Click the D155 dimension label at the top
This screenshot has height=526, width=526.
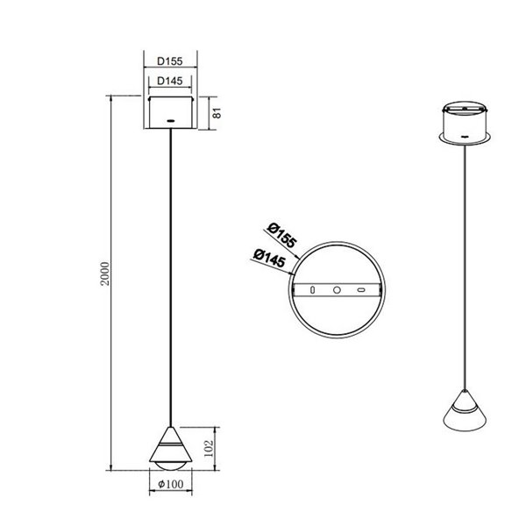point(169,62)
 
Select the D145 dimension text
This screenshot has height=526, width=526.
point(169,82)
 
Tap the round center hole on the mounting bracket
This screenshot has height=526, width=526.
point(335,289)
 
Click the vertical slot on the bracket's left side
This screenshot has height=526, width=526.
point(309,289)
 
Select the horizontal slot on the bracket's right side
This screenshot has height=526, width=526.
point(359,289)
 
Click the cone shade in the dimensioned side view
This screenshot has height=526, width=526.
point(169,438)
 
